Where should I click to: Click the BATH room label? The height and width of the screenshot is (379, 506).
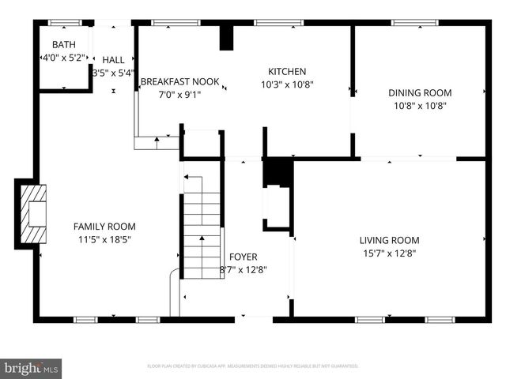point(64,44)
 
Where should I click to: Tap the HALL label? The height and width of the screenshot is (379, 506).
point(113,59)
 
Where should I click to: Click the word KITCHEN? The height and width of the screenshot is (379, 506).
point(287,72)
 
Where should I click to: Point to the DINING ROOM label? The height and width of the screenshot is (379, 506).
point(420,92)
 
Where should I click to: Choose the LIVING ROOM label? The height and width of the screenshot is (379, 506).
point(389,240)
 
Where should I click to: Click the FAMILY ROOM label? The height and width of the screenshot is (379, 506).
point(104,226)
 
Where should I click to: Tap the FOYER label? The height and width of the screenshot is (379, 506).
point(243,257)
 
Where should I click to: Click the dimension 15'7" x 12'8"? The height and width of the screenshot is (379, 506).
point(388,253)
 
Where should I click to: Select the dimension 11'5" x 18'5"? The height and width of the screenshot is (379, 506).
point(104,239)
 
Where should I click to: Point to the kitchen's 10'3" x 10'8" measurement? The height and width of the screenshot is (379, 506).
point(287,84)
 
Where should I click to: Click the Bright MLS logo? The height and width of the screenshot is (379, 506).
point(32,367)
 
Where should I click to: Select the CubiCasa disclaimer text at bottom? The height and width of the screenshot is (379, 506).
point(253,366)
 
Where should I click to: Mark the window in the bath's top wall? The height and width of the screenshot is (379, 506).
point(59,23)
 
